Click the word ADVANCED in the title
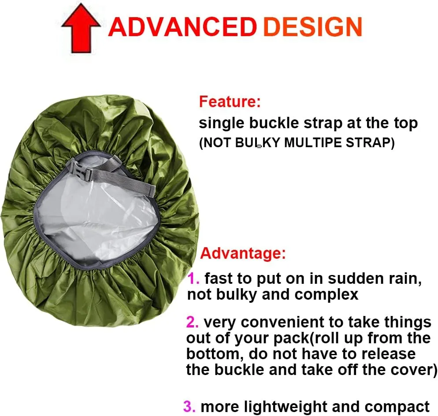(182, 27)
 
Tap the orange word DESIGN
(312, 27)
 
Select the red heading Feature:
(230, 102)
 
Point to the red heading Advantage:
(243, 253)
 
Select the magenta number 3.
(189, 406)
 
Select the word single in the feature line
(222, 123)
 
